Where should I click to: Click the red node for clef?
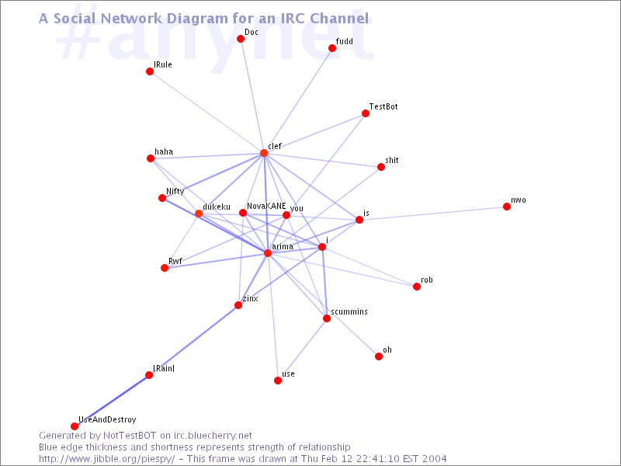pos(264,153)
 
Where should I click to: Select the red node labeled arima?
pos(268,253)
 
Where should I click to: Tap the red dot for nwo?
pos(507,207)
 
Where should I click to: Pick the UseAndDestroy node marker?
pos(75,426)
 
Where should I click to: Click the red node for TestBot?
pos(366,113)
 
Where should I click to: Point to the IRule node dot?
pos(150,71)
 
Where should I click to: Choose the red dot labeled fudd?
pos(332,48)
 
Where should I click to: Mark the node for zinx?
pos(238,305)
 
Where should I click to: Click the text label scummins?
pos(349,312)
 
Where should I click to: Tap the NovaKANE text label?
pos(266,206)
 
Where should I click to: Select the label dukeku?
pos(217,207)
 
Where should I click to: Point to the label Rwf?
pos(175,261)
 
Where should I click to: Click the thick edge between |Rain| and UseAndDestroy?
pos(112,401)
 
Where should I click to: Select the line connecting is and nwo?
pos(433,213)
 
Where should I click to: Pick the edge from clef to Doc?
pos(252,96)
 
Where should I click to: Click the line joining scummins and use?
pos(302,349)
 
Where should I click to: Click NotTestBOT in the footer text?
pos(130,436)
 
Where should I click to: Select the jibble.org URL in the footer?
pos(106,459)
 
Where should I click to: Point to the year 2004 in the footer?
pos(435,459)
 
